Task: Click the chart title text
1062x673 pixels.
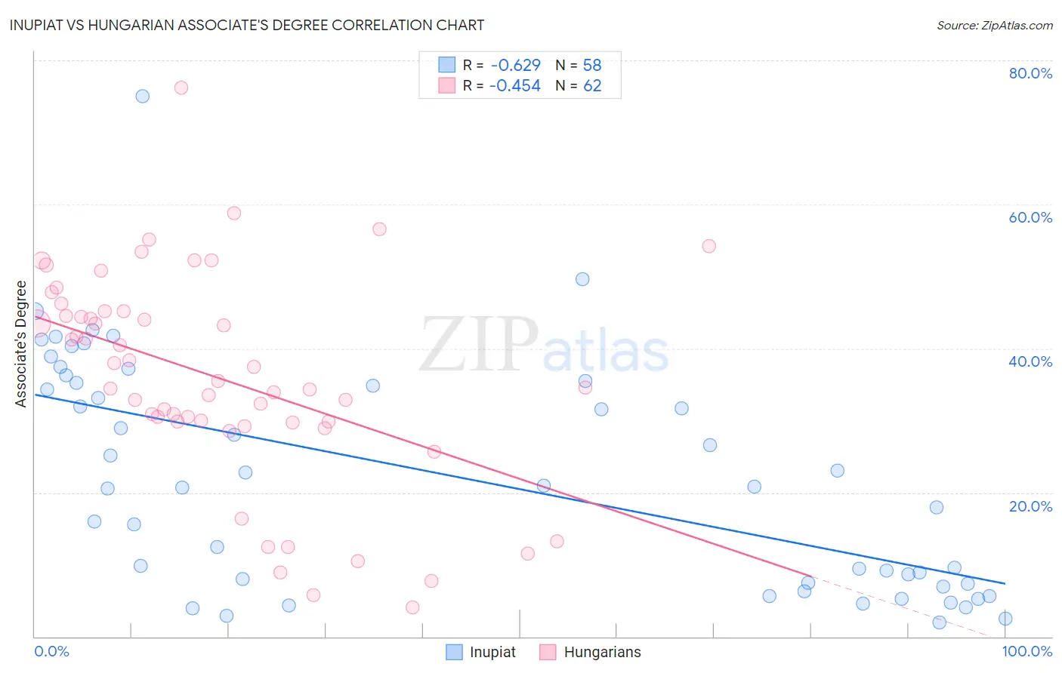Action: click(x=247, y=25)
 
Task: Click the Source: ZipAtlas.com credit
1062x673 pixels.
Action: click(x=994, y=25)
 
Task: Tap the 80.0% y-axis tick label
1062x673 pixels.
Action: click(x=1030, y=73)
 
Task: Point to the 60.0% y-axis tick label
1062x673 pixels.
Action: click(x=1030, y=217)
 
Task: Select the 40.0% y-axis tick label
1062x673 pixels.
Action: click(x=1030, y=361)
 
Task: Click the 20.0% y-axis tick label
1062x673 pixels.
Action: click(x=1030, y=506)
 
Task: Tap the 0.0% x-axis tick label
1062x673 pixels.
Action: click(x=51, y=651)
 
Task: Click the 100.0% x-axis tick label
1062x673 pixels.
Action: click(x=1026, y=651)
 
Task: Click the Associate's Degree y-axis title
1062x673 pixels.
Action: click(x=21, y=344)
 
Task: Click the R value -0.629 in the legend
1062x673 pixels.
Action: click(x=515, y=65)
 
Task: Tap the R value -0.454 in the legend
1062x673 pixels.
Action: click(x=515, y=86)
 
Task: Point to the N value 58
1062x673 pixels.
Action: click(x=592, y=65)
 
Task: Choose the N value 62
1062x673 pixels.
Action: click(x=592, y=86)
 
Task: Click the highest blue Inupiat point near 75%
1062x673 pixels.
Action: click(x=142, y=96)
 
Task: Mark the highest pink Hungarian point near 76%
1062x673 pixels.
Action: click(x=181, y=88)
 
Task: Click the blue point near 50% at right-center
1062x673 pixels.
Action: click(x=582, y=279)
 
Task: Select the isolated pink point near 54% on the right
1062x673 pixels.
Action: click(x=709, y=246)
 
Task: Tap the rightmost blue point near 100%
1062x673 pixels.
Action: click(x=1005, y=619)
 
